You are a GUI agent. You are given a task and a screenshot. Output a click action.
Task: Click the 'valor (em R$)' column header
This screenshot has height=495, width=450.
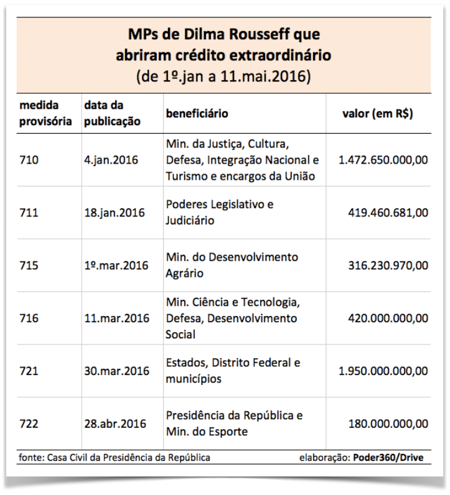pyautogui.click(x=378, y=114)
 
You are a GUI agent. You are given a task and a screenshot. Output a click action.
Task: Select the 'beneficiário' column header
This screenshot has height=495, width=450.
pyautogui.click(x=197, y=113)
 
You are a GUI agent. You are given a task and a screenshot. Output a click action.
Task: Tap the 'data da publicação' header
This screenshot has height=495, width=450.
pyautogui.click(x=112, y=113)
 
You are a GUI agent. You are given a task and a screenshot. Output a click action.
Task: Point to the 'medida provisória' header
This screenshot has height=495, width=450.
pyautogui.click(x=45, y=113)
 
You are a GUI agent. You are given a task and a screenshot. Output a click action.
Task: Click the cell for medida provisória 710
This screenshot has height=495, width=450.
pyautogui.click(x=29, y=160)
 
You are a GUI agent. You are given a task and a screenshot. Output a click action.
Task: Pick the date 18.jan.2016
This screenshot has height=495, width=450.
pyautogui.click(x=115, y=213)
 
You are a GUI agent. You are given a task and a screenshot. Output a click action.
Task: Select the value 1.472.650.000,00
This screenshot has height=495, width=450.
pyautogui.click(x=383, y=160)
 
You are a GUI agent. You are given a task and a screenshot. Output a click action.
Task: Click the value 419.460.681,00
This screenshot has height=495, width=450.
pyautogui.click(x=388, y=213)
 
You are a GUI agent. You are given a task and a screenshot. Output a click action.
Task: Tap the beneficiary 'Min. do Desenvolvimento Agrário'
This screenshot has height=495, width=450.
pyautogui.click(x=232, y=265)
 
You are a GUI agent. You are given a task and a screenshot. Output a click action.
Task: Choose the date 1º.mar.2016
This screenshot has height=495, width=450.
pyautogui.click(x=116, y=266)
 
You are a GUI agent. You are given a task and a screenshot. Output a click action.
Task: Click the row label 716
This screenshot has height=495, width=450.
pyautogui.click(x=29, y=318)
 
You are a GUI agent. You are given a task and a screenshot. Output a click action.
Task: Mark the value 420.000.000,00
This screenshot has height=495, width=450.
pyautogui.click(x=388, y=318)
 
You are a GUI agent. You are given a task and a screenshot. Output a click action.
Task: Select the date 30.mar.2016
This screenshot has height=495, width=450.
pyautogui.click(x=116, y=371)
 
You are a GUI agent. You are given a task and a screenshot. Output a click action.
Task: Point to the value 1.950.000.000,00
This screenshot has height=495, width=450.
pyautogui.click(x=383, y=371)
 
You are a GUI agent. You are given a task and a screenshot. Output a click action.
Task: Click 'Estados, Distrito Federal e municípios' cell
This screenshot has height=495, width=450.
pyautogui.click(x=233, y=371)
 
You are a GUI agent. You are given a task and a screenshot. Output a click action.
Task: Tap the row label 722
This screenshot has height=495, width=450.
pyautogui.click(x=29, y=423)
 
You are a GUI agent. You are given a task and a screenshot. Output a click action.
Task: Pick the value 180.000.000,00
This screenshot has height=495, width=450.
pyautogui.click(x=388, y=423)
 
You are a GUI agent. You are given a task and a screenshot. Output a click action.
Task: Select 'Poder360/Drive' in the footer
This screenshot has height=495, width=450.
pyautogui.click(x=388, y=458)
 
